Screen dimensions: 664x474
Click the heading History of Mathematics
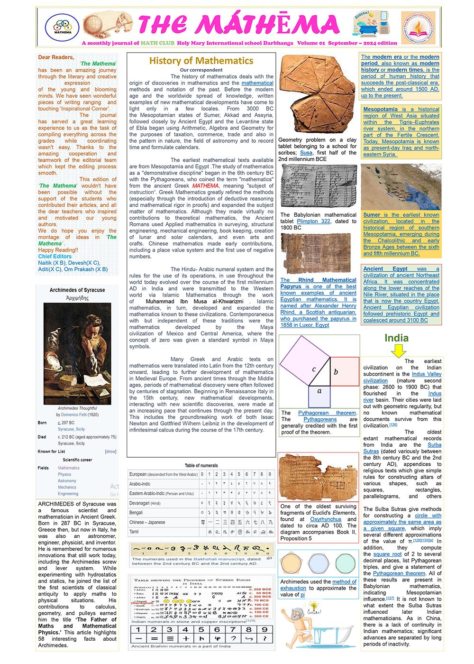point(201,61)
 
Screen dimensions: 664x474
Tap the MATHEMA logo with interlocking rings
point(63,27)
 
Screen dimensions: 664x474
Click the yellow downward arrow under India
point(399,350)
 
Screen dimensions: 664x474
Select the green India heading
point(396,338)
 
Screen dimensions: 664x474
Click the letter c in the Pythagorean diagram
point(314,369)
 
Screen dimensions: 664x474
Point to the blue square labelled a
point(319,396)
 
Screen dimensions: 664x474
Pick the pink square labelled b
point(344,371)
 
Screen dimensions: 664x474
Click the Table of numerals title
point(201,465)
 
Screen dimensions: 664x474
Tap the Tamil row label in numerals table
point(134,532)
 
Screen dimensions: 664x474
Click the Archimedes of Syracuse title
point(77,290)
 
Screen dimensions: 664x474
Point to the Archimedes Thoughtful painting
point(77,353)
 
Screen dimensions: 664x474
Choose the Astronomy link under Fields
point(67,481)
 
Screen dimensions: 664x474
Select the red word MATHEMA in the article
point(205,186)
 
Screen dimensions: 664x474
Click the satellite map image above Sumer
point(401,187)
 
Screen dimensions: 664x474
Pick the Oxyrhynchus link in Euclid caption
point(326,519)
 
